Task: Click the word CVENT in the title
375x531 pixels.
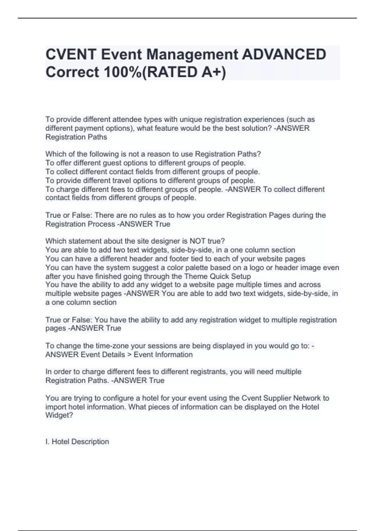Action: (x=71, y=55)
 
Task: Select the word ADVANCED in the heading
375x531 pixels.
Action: (x=284, y=55)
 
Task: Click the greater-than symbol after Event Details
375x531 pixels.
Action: (x=129, y=355)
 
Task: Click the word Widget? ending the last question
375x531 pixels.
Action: (x=59, y=415)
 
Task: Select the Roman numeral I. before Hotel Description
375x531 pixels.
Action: (x=47, y=442)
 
